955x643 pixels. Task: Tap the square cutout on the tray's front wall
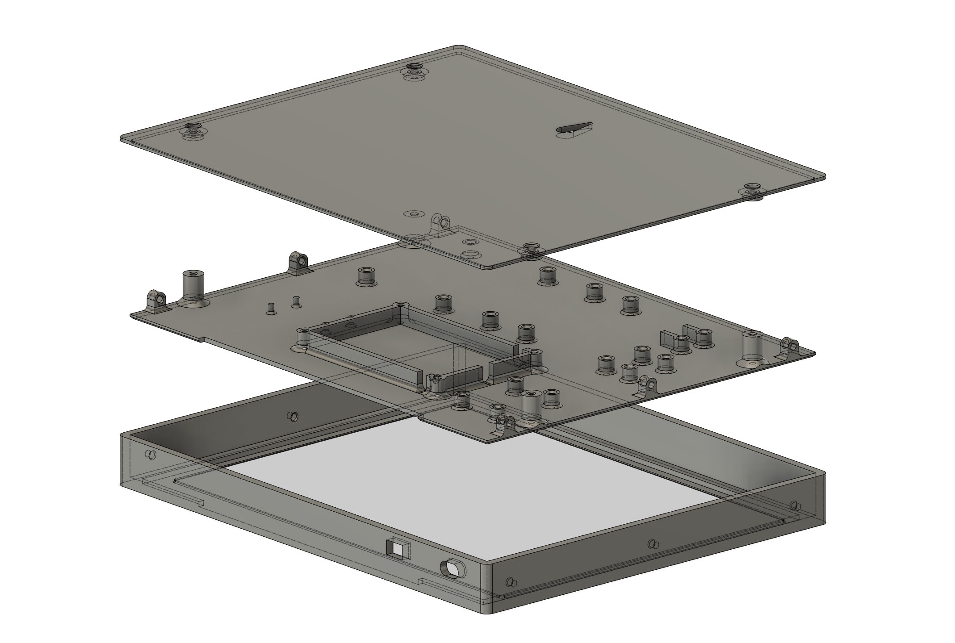pos(397,547)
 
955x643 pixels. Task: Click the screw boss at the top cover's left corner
pos(193,131)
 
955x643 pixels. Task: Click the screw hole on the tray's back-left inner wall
pos(293,416)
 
